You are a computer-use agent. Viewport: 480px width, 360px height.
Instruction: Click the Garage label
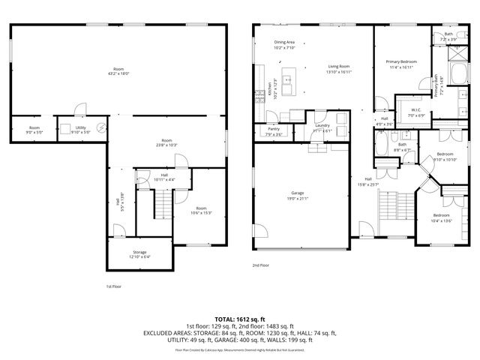pyautogui.click(x=298, y=194)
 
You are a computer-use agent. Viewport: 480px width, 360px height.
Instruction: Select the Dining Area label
pyautogui.click(x=284, y=42)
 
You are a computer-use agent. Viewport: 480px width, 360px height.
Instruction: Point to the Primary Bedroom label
pyautogui.click(x=401, y=61)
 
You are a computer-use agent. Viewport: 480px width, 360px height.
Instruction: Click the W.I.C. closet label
pyautogui.click(x=417, y=111)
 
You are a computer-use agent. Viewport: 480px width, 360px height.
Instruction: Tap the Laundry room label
pyautogui.click(x=322, y=125)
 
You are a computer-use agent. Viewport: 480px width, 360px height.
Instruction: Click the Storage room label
pyautogui.click(x=139, y=252)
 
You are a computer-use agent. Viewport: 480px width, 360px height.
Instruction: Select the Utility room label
pyautogui.click(x=80, y=127)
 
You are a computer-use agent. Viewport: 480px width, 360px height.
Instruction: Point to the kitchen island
pyautogui.click(x=287, y=77)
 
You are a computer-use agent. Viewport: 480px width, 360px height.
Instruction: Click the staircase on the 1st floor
pyautogui.click(x=163, y=202)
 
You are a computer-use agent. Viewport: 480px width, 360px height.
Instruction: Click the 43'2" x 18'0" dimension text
pyautogui.click(x=119, y=73)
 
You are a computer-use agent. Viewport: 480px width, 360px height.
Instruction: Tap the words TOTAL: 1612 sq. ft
pyautogui.click(x=240, y=318)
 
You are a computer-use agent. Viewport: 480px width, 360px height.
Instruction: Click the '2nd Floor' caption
pyautogui.click(x=261, y=265)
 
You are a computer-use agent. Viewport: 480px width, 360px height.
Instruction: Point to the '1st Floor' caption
pyautogui.click(x=113, y=286)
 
